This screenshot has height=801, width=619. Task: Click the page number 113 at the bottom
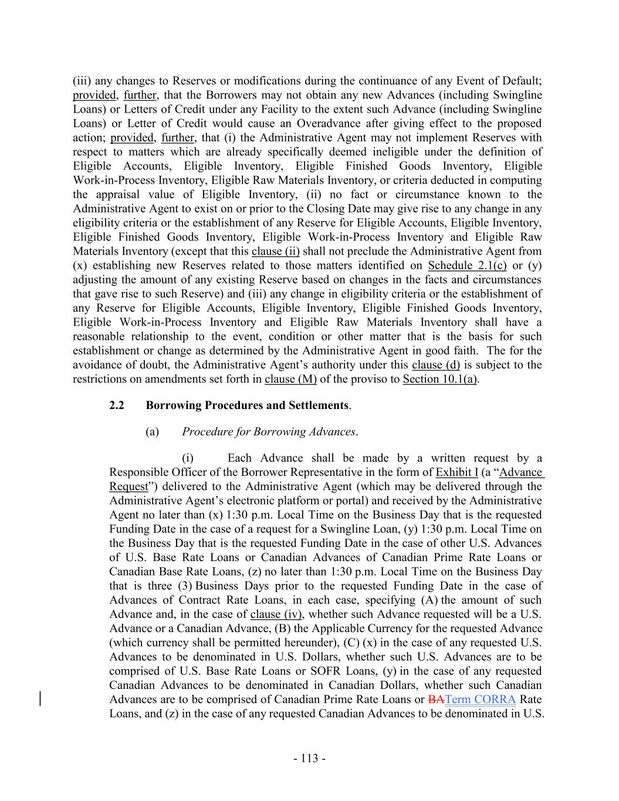click(x=309, y=759)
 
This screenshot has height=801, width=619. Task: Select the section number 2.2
click(x=117, y=405)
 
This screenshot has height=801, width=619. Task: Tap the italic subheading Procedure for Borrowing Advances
click(x=269, y=432)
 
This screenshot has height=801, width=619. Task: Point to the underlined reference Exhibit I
click(x=457, y=472)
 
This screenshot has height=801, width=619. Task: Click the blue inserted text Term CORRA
click(x=481, y=699)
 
